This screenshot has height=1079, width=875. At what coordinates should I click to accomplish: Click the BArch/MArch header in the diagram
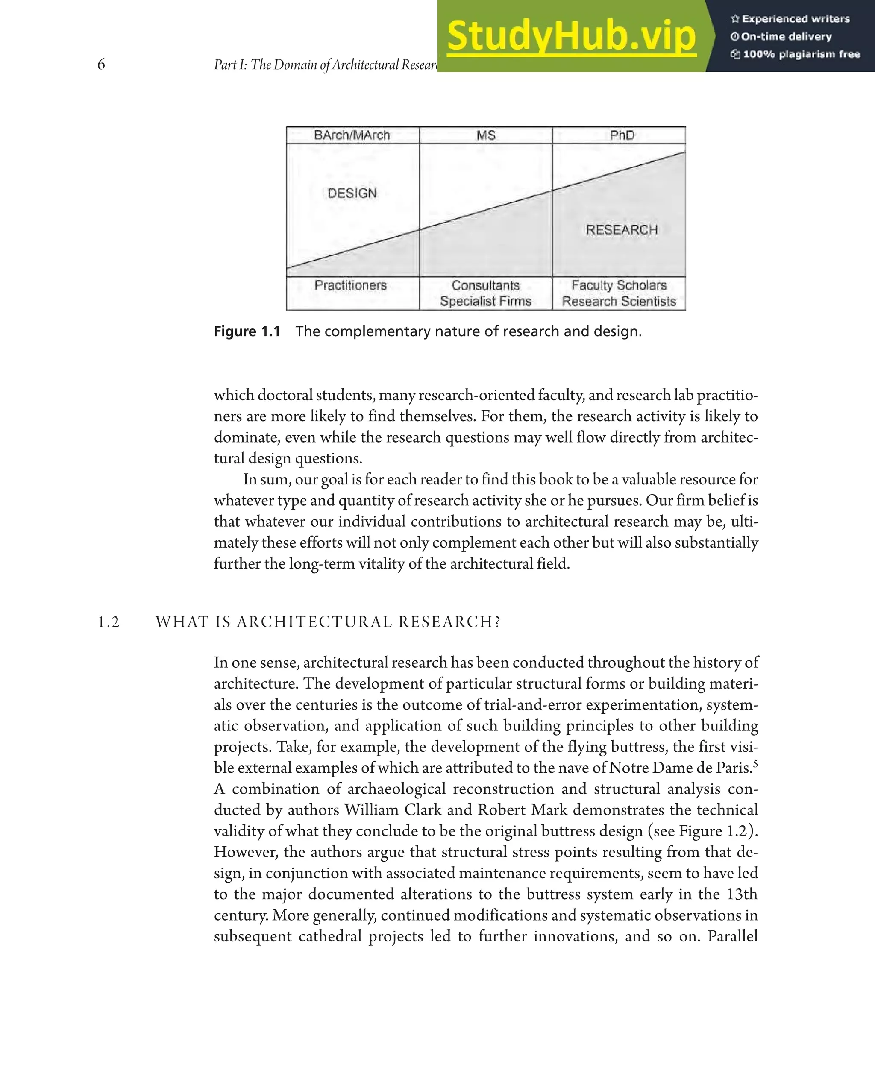click(x=352, y=135)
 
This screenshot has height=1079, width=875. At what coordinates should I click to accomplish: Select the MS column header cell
click(x=486, y=135)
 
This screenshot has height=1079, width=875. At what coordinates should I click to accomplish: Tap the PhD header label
click(x=622, y=135)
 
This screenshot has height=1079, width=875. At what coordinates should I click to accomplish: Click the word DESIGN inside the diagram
click(x=352, y=193)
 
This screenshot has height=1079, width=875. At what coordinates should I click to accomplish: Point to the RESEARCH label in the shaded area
click(x=622, y=230)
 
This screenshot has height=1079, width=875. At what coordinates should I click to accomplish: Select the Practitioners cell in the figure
click(x=351, y=285)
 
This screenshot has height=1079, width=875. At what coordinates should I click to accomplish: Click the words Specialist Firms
click(x=485, y=302)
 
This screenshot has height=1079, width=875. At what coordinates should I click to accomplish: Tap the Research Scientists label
click(x=619, y=302)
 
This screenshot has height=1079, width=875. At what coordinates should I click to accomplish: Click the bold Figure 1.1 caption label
click(x=247, y=331)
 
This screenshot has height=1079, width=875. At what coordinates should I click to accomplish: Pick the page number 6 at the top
click(x=101, y=64)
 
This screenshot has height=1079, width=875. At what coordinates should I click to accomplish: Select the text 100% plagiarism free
click(x=801, y=54)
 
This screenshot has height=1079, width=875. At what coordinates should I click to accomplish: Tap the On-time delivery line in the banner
click(x=786, y=36)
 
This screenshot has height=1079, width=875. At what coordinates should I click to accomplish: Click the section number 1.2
click(x=109, y=622)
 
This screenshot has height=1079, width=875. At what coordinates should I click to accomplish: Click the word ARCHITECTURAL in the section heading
click(x=314, y=622)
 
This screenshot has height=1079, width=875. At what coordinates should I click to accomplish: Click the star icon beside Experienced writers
click(x=735, y=19)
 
